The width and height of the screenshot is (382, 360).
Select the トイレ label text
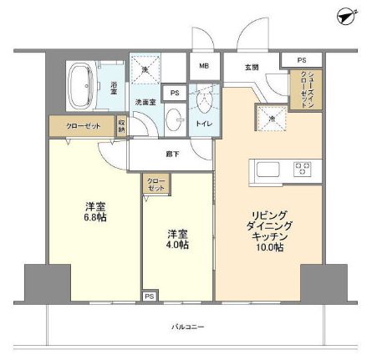click(204, 124)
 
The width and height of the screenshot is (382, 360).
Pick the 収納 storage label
click(121, 127)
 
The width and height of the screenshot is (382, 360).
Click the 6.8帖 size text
click(94, 217)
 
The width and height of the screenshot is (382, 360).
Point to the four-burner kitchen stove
click(301, 168)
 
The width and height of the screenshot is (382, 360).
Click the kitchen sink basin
click(268, 170)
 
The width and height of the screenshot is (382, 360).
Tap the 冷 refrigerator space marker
click(271, 119)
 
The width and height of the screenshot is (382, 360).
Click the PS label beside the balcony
click(149, 297)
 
